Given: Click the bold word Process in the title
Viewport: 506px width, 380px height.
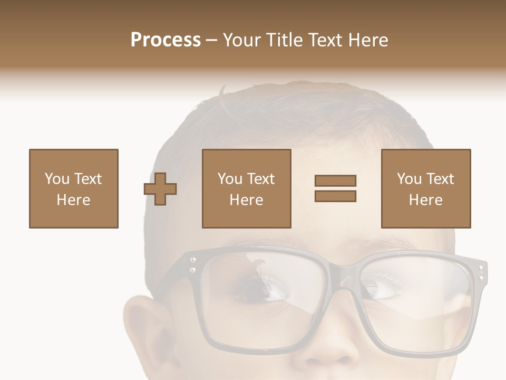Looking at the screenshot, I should [x=166, y=40].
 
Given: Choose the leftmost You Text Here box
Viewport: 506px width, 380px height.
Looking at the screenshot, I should [x=74, y=188].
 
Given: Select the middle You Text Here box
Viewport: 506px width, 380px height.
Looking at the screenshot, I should [x=247, y=188].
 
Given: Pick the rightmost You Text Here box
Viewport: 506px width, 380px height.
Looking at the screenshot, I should [x=426, y=188].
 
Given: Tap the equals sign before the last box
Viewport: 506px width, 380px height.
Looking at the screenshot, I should [x=336, y=188].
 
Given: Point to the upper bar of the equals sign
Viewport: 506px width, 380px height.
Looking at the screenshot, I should [x=336, y=181].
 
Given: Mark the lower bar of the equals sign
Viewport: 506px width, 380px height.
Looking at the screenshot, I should [x=336, y=196].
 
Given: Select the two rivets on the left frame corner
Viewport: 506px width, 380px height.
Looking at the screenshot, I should [x=193, y=265].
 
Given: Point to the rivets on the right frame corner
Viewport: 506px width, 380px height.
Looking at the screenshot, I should [x=480, y=272].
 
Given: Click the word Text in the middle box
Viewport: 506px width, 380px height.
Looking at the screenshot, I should [x=261, y=179].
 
